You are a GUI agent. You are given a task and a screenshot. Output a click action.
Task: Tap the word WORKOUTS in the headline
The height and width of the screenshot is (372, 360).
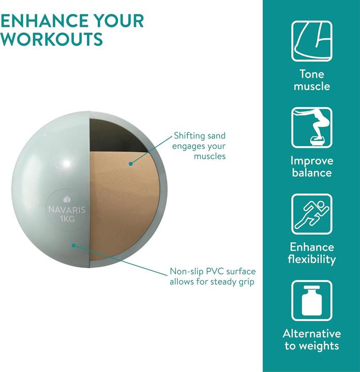(51, 38)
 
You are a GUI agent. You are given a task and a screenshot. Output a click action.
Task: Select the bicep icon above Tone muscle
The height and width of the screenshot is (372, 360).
(312, 41)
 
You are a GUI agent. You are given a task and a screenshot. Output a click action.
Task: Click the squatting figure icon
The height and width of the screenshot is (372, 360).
(312, 128)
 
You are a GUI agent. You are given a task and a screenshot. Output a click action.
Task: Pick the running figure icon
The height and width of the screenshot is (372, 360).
(312, 214)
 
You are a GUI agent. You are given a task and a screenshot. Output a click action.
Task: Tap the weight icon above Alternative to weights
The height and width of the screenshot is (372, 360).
(312, 301)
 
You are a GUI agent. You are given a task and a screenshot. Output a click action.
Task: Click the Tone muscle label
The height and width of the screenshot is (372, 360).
(312, 80)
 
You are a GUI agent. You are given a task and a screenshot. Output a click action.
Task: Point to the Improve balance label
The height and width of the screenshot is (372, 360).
(312, 166)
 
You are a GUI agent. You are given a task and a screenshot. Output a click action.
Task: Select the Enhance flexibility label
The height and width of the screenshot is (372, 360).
(312, 253)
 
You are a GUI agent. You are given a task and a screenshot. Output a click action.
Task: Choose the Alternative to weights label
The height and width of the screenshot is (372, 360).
(312, 339)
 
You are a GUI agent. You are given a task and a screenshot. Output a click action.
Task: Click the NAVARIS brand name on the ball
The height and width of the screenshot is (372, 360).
(67, 210)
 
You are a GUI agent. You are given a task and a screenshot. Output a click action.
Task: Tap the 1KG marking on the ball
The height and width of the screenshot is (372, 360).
(67, 219)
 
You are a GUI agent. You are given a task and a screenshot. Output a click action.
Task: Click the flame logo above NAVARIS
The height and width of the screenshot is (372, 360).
(67, 199)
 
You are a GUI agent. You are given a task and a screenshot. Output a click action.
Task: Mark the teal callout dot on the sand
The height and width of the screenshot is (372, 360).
(130, 163)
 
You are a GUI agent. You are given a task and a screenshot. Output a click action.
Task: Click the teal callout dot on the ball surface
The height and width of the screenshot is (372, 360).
(74, 245)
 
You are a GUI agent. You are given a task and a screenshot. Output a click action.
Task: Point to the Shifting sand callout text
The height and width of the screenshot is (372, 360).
(199, 146)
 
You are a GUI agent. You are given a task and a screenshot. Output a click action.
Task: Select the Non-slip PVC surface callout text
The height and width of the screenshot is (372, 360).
(213, 276)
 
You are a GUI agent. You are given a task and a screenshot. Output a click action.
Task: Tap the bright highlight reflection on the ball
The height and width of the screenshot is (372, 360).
(67, 163)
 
